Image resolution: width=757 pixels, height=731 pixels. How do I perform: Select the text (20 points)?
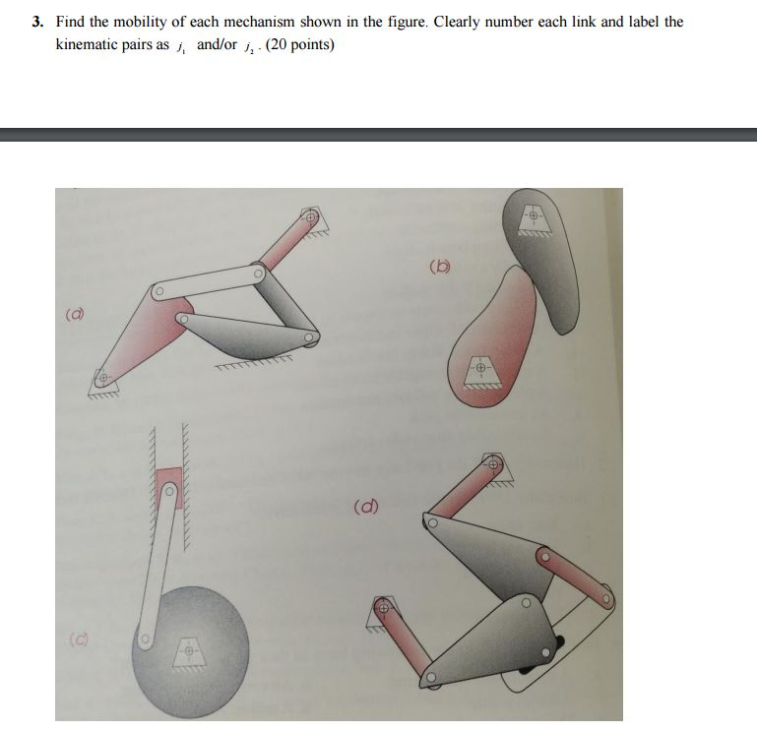[x=293, y=45]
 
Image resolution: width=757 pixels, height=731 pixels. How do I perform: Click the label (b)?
[x=441, y=266]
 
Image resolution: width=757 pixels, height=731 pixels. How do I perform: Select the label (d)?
[x=365, y=509]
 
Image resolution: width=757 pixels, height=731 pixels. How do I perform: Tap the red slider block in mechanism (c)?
[x=169, y=478]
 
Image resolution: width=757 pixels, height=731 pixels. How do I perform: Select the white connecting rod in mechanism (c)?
[x=158, y=571]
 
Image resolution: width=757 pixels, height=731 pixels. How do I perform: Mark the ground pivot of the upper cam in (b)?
[x=532, y=214]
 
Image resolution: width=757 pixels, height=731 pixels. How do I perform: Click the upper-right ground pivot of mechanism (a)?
[x=310, y=217]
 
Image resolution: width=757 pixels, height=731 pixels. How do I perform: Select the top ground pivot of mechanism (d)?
[x=494, y=462]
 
